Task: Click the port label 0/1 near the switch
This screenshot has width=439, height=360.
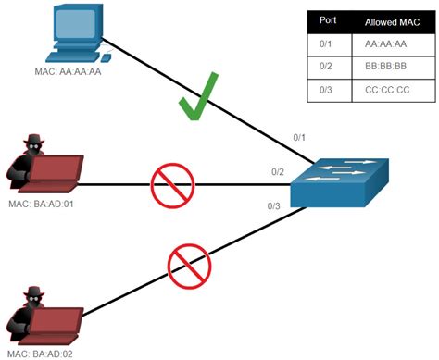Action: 299,138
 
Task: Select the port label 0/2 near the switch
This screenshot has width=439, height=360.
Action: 277,172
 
